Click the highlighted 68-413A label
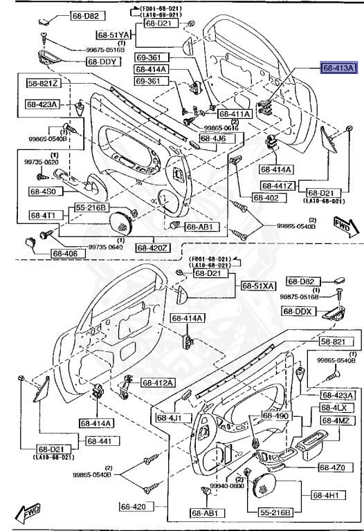(x=336, y=68)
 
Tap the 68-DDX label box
(x=298, y=311)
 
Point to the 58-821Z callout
(x=44, y=83)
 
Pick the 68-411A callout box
(x=234, y=113)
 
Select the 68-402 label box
(x=266, y=198)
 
